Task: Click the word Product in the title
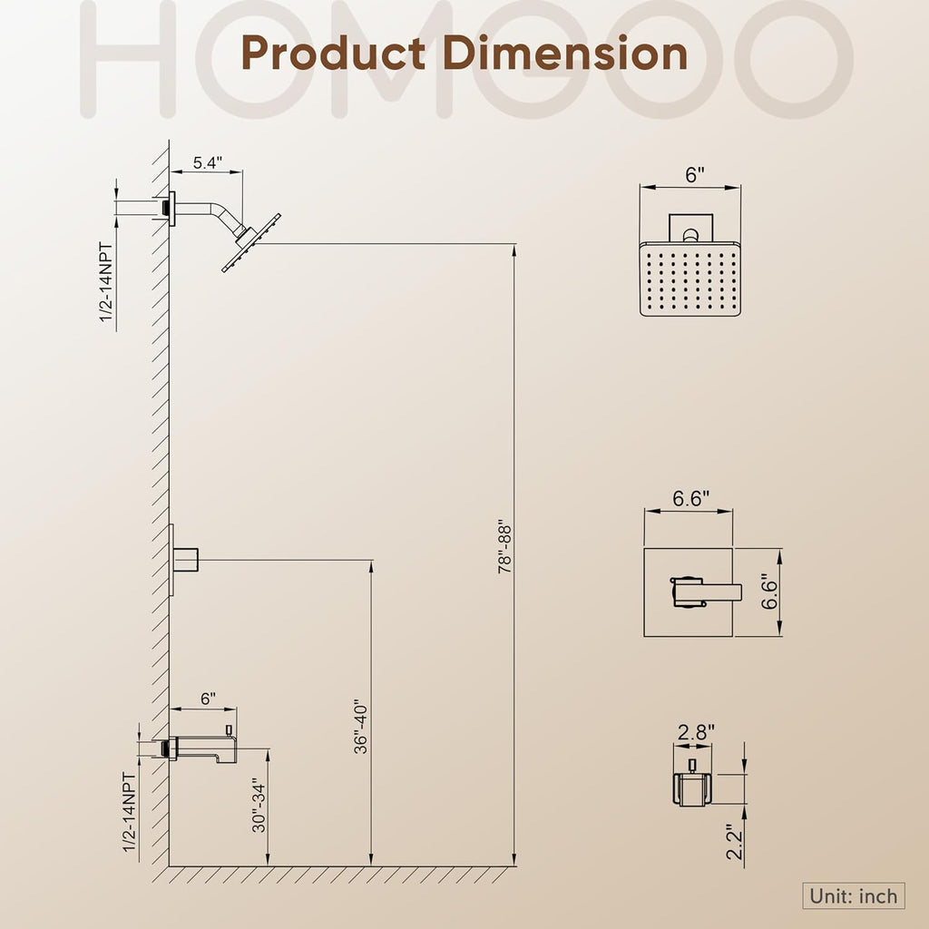[x=333, y=53]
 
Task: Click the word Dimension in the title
[x=564, y=53]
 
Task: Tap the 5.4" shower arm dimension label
[x=208, y=162]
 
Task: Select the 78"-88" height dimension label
[x=504, y=547]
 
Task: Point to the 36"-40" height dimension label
[x=360, y=729]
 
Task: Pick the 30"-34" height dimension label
[x=259, y=805]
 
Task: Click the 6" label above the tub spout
[x=208, y=699]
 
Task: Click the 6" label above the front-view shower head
[x=695, y=175]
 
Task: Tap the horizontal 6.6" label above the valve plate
[x=690, y=498]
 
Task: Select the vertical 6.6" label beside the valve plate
[x=768, y=592]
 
